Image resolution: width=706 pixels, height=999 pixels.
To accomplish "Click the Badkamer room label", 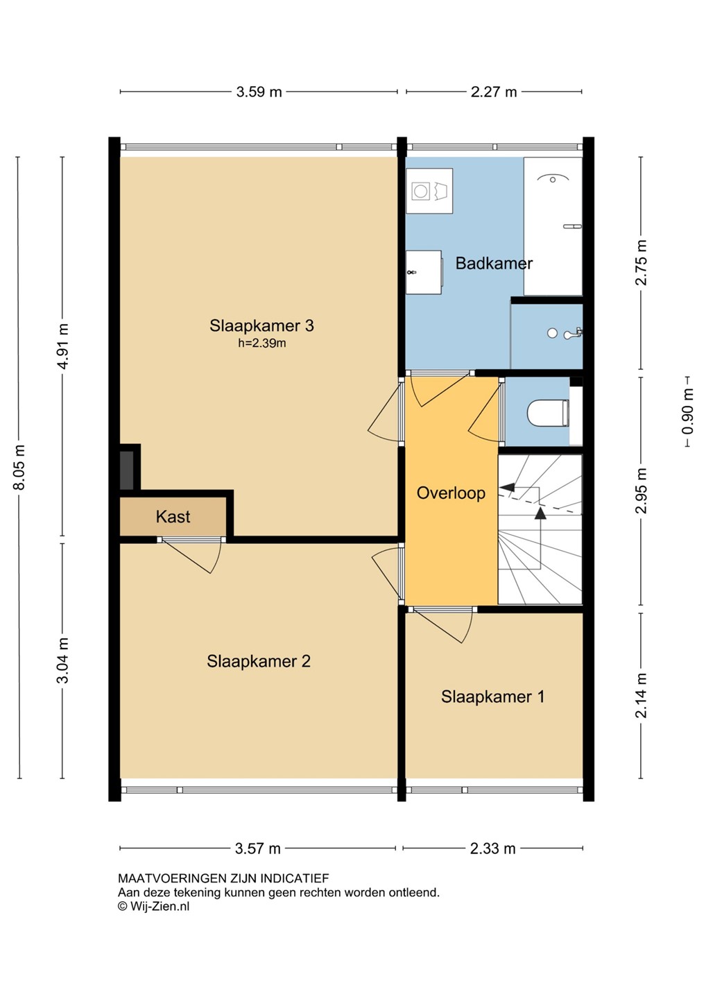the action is tap(494, 263).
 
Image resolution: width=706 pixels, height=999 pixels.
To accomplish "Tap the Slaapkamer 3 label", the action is tap(261, 325).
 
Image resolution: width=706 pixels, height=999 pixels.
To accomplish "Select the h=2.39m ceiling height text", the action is tap(261, 343).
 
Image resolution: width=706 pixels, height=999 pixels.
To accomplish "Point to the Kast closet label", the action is tap(173, 516).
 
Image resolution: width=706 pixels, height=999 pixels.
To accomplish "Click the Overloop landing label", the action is tap(451, 493).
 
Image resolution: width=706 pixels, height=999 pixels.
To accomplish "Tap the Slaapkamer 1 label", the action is tap(493, 697).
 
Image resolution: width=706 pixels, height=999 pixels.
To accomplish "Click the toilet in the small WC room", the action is tap(548, 413).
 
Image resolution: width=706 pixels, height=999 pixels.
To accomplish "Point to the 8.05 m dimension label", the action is tap(19, 468).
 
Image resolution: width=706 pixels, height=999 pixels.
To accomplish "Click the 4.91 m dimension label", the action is tap(63, 346).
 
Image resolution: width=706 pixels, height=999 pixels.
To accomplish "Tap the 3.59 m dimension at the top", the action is tap(259, 92).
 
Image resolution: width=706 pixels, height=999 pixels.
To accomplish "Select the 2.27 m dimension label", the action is tap(494, 92).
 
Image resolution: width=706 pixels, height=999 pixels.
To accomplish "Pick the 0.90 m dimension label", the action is tap(687, 411).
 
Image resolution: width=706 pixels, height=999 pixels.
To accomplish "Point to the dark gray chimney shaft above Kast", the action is tap(127, 470).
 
